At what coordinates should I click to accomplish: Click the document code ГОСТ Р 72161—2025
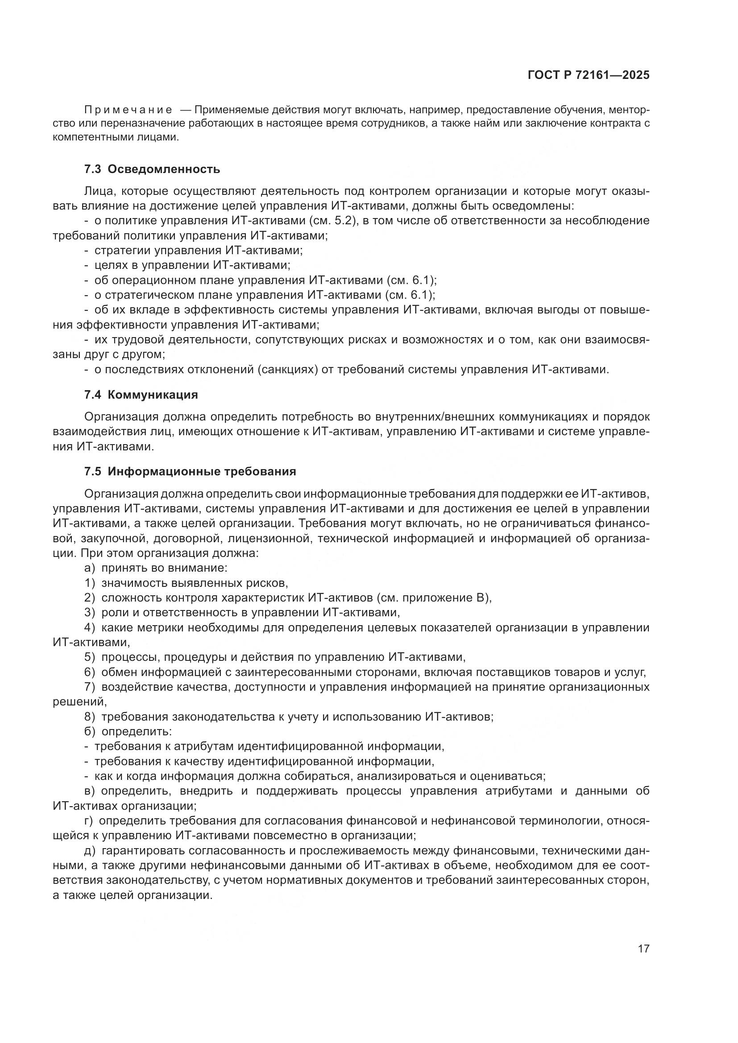tap(588, 75)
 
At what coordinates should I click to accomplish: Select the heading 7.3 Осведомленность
tap(152, 169)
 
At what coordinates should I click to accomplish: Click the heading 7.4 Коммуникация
tap(141, 395)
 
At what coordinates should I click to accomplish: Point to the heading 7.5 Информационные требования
tap(190, 471)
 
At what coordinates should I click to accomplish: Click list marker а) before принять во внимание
tap(90, 568)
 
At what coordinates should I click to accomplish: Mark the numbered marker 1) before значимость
tap(90, 583)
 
